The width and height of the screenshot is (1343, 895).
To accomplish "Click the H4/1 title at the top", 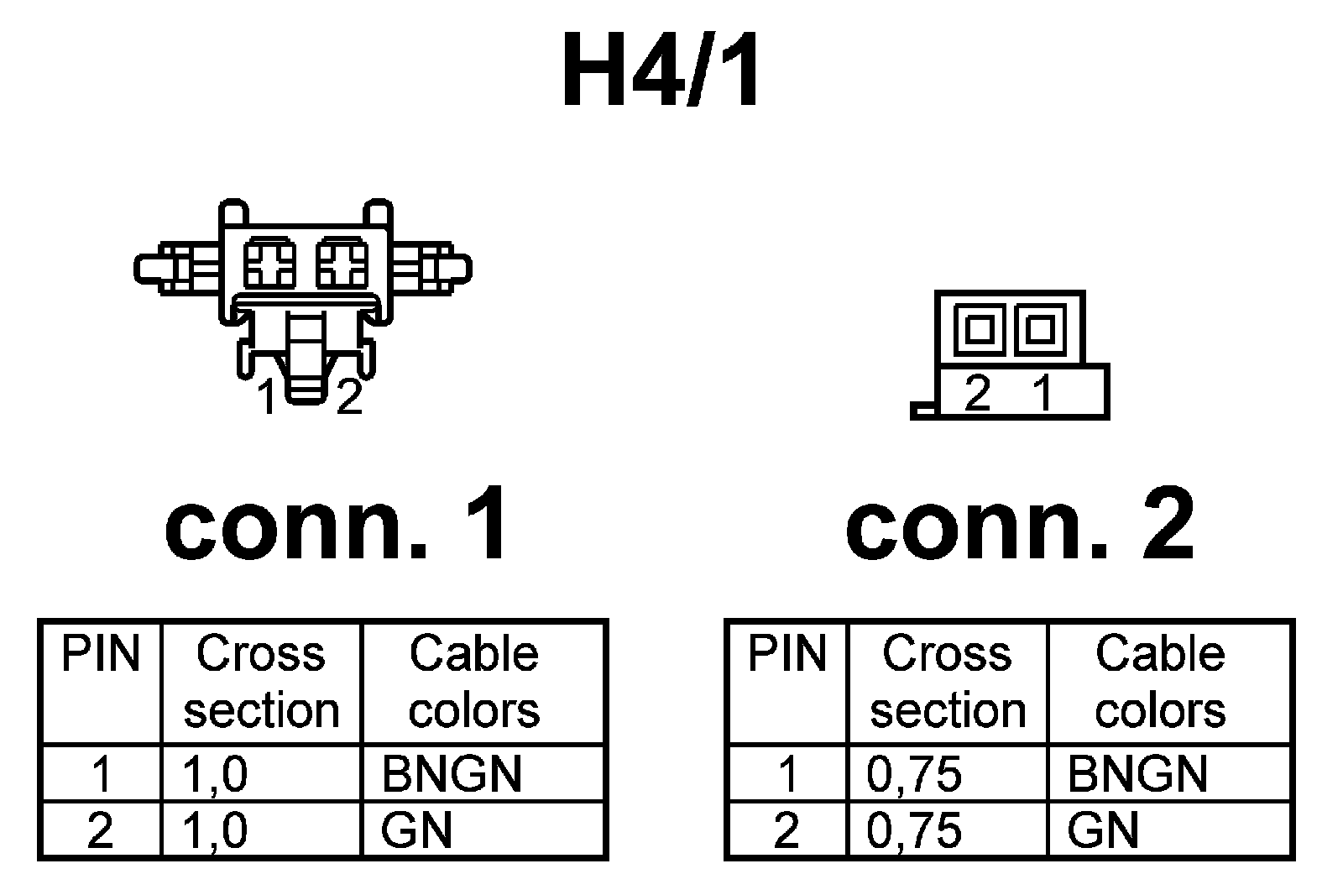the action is pyautogui.click(x=661, y=71).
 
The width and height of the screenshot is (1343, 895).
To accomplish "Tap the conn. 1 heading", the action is pyautogui.click(x=337, y=525).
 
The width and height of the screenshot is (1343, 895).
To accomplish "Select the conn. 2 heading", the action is pyautogui.click(x=1019, y=525).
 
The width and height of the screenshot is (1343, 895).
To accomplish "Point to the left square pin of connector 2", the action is pyautogui.click(x=979, y=328).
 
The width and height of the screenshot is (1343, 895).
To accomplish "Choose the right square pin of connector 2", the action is pyautogui.click(x=1039, y=328).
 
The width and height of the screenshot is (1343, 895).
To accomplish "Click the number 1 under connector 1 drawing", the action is pyautogui.click(x=267, y=398).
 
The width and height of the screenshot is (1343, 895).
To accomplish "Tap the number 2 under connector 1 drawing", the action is pyautogui.click(x=348, y=398).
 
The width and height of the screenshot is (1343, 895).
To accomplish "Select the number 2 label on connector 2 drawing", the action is pyautogui.click(x=978, y=392).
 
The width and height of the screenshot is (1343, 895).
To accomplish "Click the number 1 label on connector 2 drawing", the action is pyautogui.click(x=1043, y=392).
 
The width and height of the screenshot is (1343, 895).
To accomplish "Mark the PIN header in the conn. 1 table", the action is pyautogui.click(x=101, y=654).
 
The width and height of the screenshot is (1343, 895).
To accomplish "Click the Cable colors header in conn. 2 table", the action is pyautogui.click(x=1160, y=681).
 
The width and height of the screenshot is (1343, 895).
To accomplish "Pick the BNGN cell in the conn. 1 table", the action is pyautogui.click(x=451, y=773).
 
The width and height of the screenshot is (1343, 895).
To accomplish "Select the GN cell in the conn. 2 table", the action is pyautogui.click(x=1103, y=830).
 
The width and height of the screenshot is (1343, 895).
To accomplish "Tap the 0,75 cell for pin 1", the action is pyautogui.click(x=914, y=773).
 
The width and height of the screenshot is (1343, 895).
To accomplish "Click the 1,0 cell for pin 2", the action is pyautogui.click(x=215, y=830).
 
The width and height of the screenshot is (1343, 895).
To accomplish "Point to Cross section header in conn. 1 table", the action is pyautogui.click(x=261, y=681).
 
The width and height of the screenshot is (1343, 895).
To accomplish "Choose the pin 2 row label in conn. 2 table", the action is pyautogui.click(x=786, y=830).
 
